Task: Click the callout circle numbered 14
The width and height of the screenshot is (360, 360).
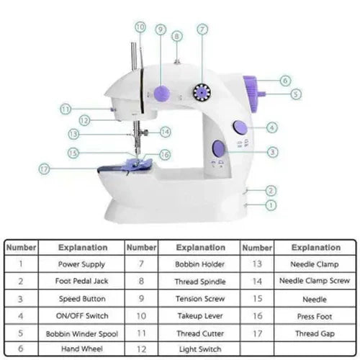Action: [x=165, y=132]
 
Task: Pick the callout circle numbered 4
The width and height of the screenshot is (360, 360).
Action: [x=271, y=128]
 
